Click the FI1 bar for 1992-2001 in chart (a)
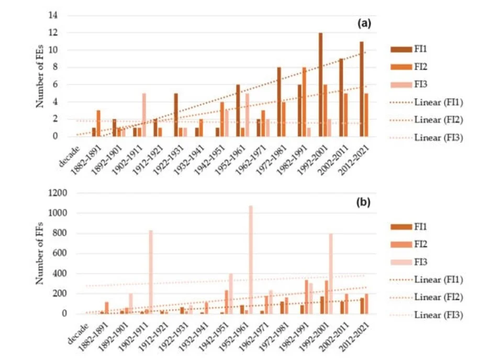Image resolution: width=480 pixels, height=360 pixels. tap(320, 85)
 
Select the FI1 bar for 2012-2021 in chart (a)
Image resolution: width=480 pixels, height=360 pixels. tap(361, 89)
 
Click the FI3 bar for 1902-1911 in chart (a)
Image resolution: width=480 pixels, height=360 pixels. tap(144, 115)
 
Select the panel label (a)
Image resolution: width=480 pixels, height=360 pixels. tap(364, 24)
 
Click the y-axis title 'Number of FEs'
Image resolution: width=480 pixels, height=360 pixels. tap(40, 76)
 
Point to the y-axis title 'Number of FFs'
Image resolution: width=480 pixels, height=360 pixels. tap(40, 254)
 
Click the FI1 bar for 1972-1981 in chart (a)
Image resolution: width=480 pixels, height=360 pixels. tap(279, 102)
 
